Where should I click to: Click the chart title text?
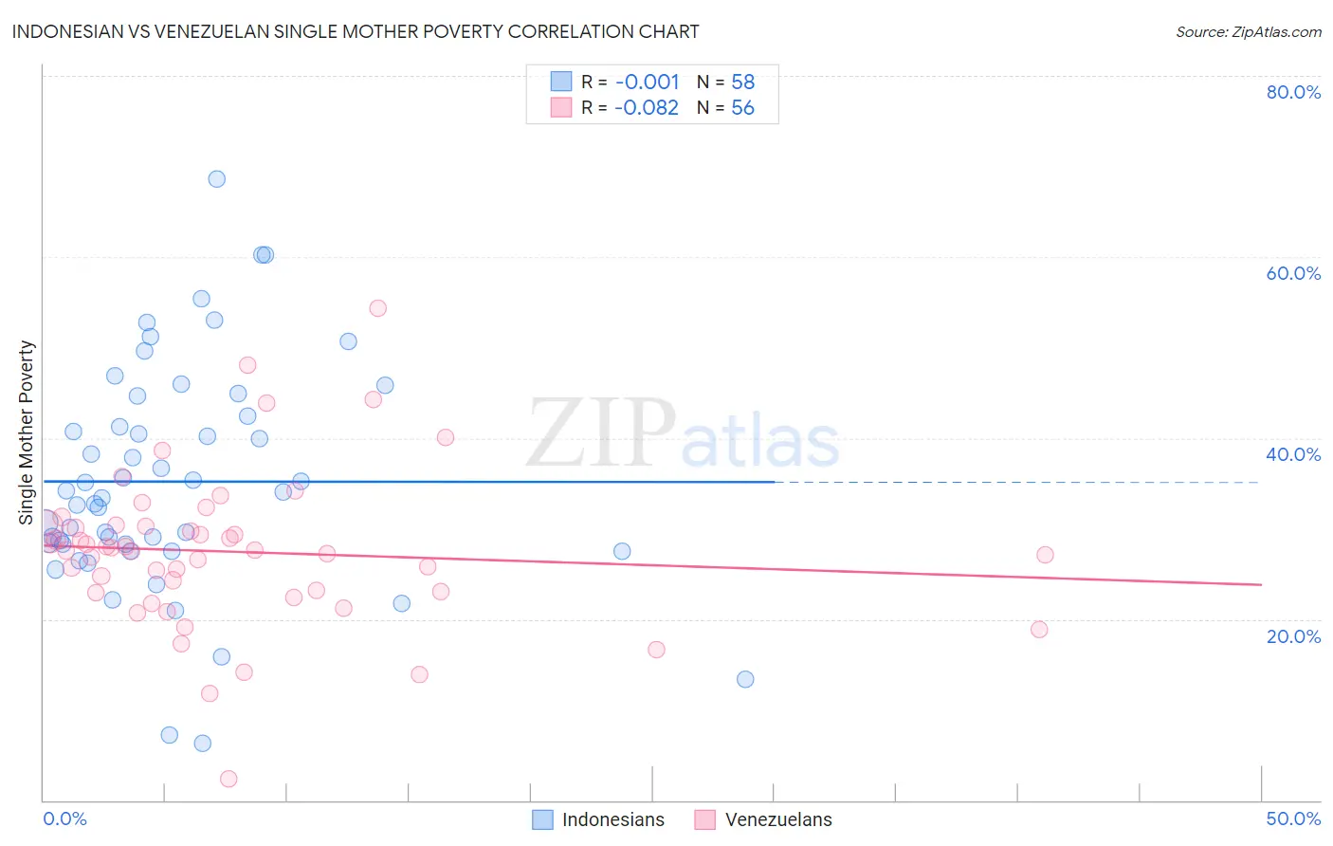[x=356, y=31]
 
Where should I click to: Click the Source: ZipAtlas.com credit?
[x=1248, y=31]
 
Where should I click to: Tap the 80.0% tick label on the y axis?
[x=1293, y=92]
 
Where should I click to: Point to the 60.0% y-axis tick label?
[x=1293, y=273]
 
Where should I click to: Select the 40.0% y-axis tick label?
[x=1293, y=454]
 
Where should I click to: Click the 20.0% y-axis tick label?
[x=1293, y=635]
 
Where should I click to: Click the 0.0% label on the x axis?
[x=64, y=818]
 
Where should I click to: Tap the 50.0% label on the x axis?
[x=1293, y=818]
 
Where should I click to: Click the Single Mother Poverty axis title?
[x=27, y=432]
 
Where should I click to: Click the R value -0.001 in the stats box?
[x=647, y=82]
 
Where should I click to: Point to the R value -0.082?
[x=647, y=107]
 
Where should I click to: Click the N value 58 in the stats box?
[x=742, y=82]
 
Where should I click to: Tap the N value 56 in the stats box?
[x=742, y=107]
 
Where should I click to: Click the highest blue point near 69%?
[x=217, y=179]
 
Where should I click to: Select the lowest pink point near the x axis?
[x=228, y=779]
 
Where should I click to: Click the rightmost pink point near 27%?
[x=1045, y=555]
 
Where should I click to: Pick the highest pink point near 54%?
[x=377, y=308]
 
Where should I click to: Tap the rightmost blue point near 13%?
[x=745, y=679]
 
